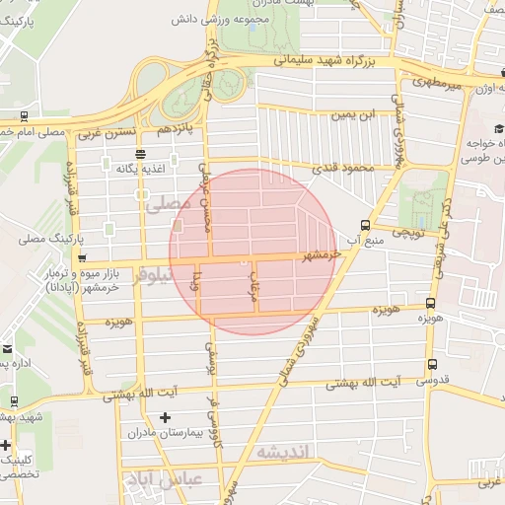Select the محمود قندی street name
click(x=344, y=170)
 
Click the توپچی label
click(x=408, y=234)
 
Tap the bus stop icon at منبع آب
click(x=366, y=224)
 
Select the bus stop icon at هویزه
click(x=430, y=303)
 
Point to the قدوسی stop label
click(x=433, y=379)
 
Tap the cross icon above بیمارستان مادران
click(x=165, y=419)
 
